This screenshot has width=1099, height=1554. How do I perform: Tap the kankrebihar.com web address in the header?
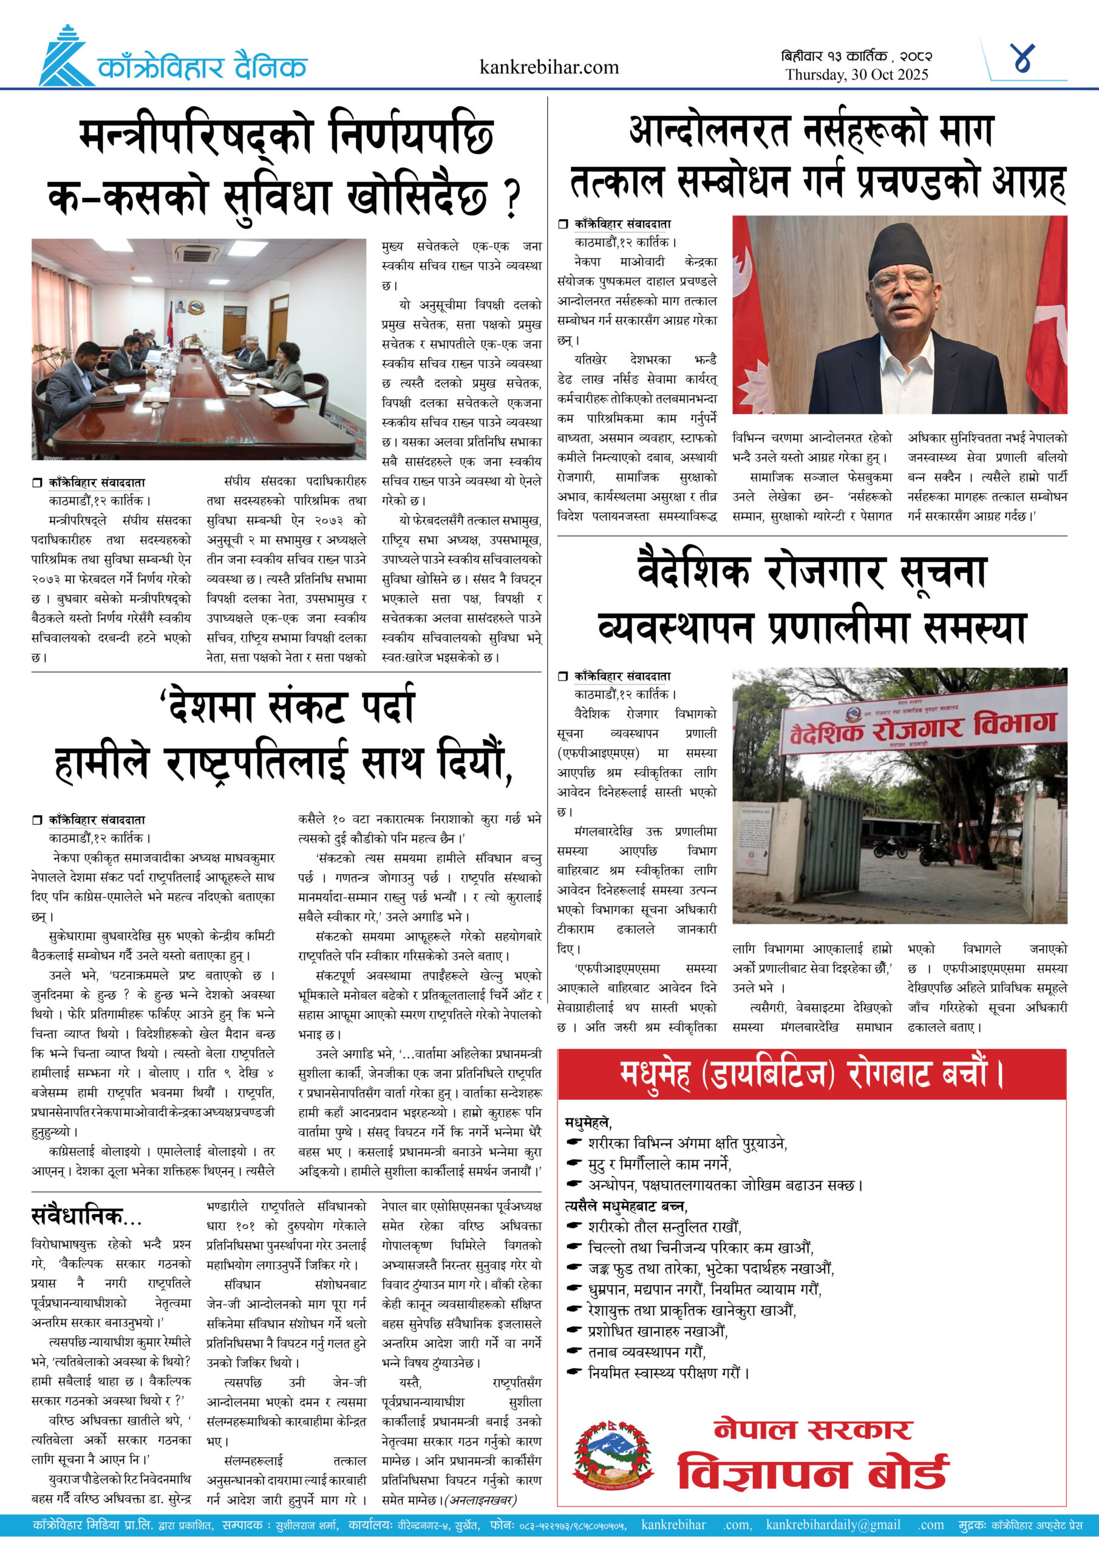[548, 67]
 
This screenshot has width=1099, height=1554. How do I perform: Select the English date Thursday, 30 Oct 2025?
[857, 75]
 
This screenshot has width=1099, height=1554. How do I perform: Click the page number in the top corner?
[1022, 59]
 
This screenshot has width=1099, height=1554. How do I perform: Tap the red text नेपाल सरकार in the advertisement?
[813, 1429]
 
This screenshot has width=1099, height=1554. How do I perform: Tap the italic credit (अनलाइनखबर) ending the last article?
[483, 1500]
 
